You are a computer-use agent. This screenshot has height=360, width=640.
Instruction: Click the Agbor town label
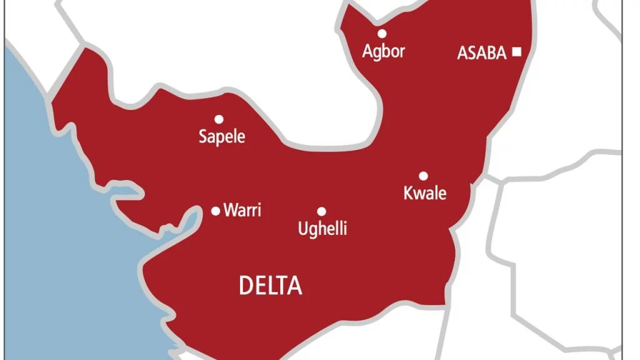click(384, 52)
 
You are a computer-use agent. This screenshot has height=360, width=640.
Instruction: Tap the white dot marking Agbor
click(382, 34)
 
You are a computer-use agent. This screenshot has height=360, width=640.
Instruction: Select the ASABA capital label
click(481, 53)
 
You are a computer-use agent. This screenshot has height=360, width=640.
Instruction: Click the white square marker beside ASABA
click(516, 52)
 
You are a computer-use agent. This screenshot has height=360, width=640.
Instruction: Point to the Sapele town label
click(222, 137)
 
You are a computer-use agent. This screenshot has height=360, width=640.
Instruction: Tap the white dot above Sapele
click(219, 119)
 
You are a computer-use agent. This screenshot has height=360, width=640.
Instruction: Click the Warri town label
click(242, 211)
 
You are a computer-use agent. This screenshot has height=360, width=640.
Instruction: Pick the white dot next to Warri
click(216, 211)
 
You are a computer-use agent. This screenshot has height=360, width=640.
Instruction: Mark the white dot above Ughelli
click(321, 211)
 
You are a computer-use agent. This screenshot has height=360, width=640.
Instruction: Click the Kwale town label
click(425, 193)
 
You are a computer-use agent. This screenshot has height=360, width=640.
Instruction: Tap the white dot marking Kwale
click(423, 176)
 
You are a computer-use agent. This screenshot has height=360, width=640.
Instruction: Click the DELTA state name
click(271, 286)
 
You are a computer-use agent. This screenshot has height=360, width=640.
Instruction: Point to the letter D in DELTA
click(246, 286)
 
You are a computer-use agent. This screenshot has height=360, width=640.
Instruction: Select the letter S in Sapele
click(203, 136)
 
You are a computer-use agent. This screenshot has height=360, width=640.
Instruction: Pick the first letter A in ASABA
click(462, 53)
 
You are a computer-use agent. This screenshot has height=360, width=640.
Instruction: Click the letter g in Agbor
click(377, 53)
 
